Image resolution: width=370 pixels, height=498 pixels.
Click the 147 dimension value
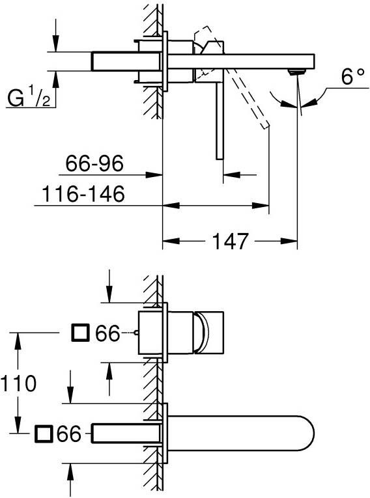[x=230, y=242]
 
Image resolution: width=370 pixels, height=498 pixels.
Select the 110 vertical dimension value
[x=19, y=383]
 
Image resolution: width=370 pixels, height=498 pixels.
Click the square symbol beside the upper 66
[x=80, y=334]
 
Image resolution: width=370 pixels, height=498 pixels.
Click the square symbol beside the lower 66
[x=45, y=432]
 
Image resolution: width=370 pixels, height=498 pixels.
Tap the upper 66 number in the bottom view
[x=107, y=334]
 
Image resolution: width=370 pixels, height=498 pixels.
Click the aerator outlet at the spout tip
[x=298, y=70]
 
